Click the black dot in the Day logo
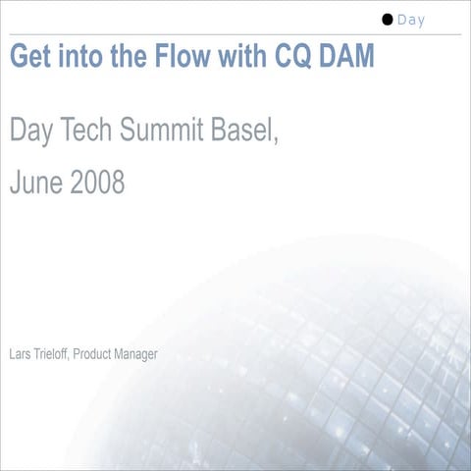388,19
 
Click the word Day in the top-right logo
411,20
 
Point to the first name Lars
20,353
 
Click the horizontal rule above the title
235,35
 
